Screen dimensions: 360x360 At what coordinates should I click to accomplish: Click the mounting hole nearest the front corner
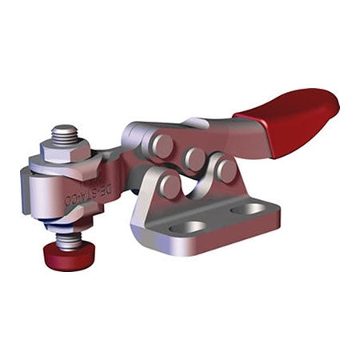[x=189, y=227]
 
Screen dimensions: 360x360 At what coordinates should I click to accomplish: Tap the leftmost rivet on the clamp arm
[x=162, y=145]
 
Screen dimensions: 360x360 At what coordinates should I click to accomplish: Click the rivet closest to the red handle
[x=226, y=170]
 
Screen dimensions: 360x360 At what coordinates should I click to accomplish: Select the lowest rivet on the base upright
[x=169, y=186]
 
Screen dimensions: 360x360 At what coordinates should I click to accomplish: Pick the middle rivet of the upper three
[x=194, y=158]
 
